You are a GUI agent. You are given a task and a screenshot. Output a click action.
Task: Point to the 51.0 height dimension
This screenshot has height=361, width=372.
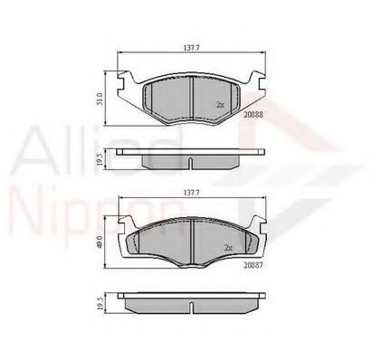pyautogui.click(x=100, y=96)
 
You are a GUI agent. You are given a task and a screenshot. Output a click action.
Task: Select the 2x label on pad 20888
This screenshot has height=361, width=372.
pyautogui.click(x=220, y=105)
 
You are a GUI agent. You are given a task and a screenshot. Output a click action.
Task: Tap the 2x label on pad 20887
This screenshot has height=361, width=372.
pyautogui.click(x=228, y=246)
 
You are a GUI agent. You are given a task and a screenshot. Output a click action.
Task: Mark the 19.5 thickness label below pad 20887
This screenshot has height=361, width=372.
pyautogui.click(x=100, y=303)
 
